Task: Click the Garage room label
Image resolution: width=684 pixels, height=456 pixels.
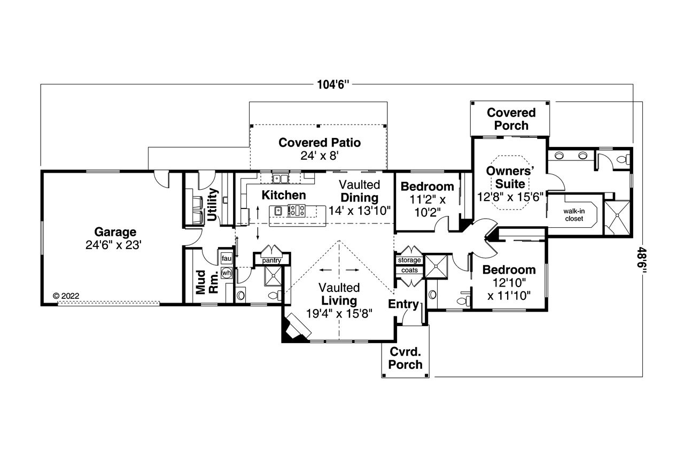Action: coord(115,232)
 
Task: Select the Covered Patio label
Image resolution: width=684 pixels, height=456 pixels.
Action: coord(320,143)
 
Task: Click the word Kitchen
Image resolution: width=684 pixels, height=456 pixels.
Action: coord(283,195)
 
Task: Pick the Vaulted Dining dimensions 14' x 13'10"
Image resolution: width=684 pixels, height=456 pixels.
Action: coord(360,210)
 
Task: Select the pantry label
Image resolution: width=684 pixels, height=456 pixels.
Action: coord(272,260)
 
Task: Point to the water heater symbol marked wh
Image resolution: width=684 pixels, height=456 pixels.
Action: coord(227,273)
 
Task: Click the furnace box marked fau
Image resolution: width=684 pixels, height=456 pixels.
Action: coord(226,259)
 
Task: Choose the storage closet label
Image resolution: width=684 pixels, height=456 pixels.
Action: coord(409,260)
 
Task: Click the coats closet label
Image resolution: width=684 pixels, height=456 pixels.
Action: coord(409,270)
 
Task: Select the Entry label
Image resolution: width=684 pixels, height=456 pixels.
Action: coord(403,304)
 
